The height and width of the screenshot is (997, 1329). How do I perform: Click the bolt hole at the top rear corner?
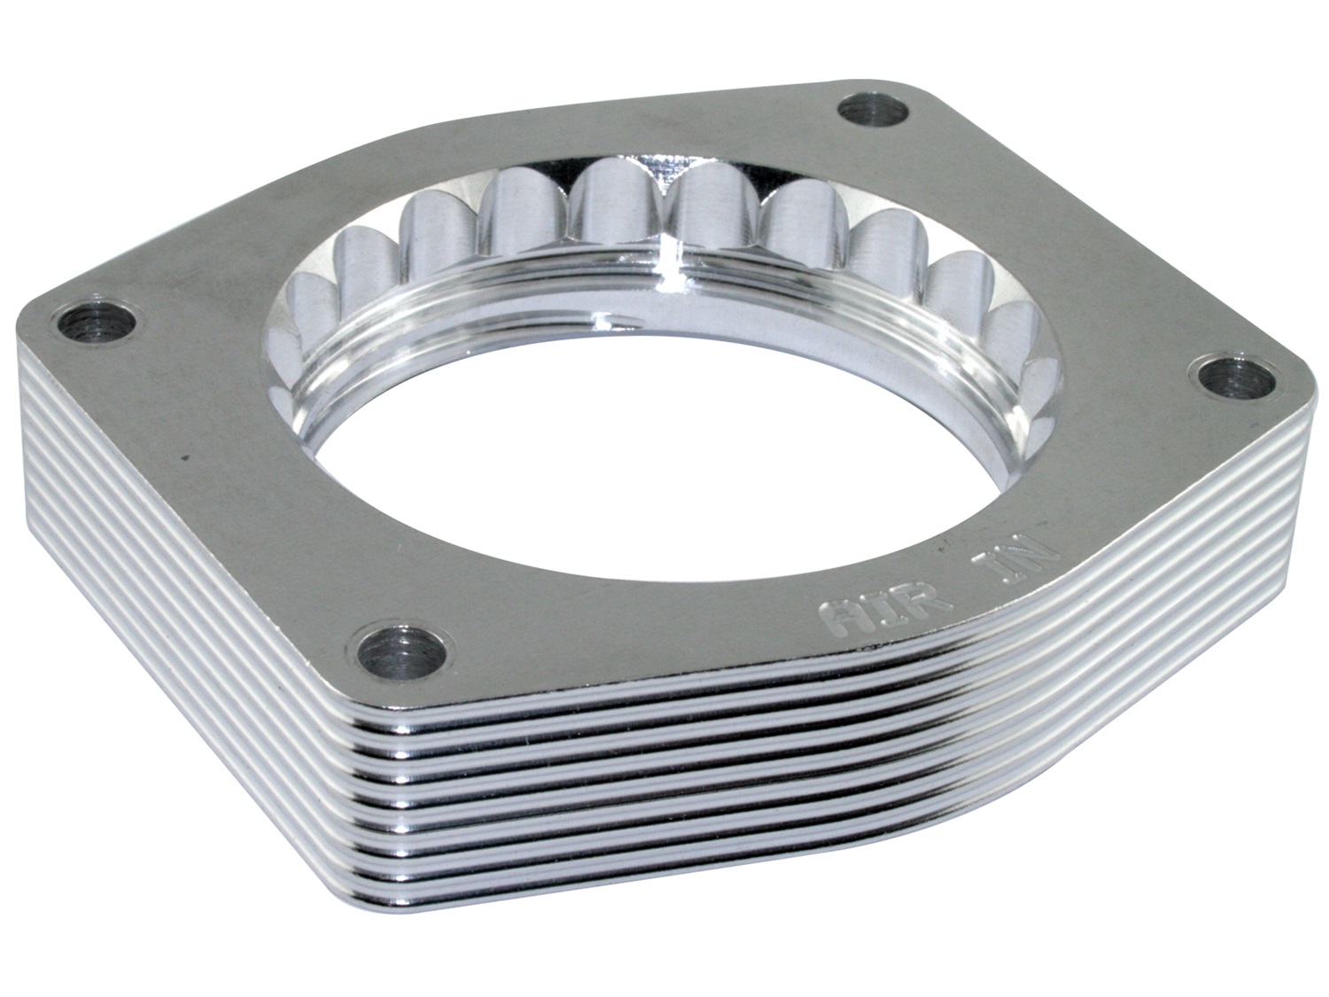(x=874, y=113)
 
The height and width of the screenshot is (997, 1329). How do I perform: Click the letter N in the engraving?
(x=1032, y=557)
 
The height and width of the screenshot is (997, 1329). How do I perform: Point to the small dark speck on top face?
(x=185, y=458)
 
